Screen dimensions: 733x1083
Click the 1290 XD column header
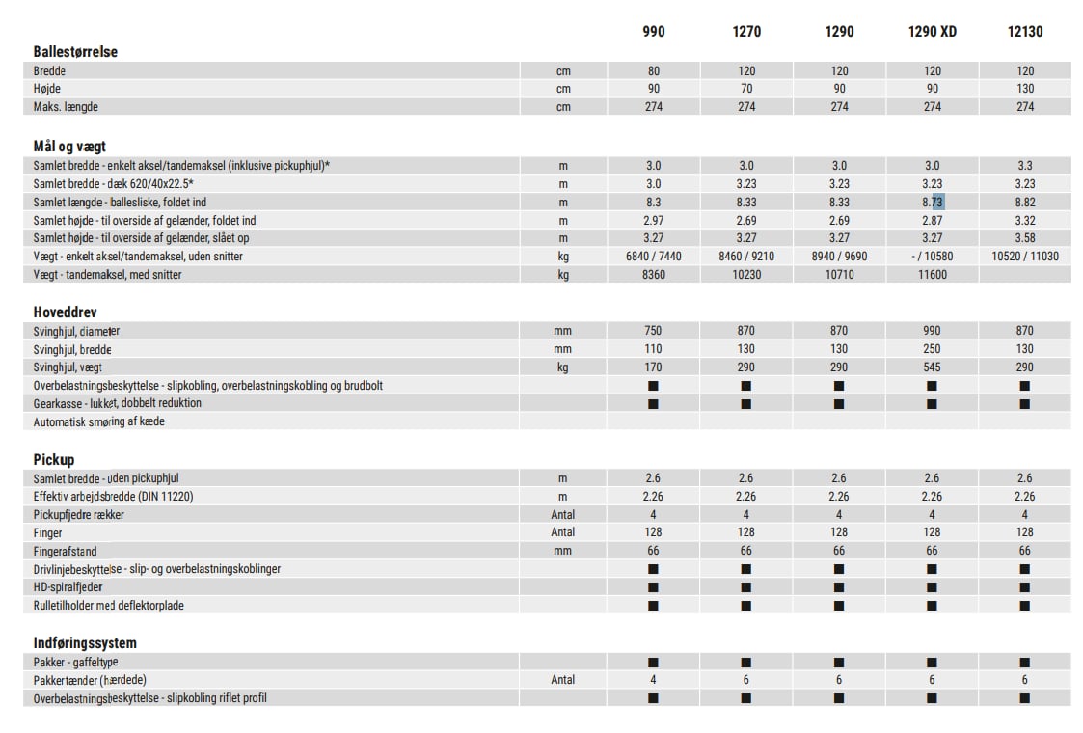coord(932,31)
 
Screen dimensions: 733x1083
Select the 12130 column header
coord(1024,31)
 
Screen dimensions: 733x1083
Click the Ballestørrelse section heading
coord(75,52)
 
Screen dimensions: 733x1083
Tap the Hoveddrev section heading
coord(65,312)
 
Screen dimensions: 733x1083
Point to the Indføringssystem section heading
coord(85,643)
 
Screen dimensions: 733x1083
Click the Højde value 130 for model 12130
coord(1025,89)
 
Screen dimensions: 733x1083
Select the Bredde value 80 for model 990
coord(653,70)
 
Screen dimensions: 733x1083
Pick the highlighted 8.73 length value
coord(932,202)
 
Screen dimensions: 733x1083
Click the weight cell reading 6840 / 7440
coord(653,257)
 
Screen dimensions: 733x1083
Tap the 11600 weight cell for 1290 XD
coord(932,275)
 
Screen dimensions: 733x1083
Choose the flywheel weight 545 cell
coord(932,367)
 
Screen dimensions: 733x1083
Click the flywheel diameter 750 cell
coord(653,331)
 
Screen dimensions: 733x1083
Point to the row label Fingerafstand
coord(65,551)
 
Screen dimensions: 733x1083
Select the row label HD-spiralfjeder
coord(68,587)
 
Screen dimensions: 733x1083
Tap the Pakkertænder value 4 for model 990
coord(653,680)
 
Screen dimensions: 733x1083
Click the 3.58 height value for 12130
coord(1025,238)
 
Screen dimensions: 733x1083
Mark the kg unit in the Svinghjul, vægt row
coord(563,367)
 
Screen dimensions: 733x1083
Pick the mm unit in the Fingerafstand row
coord(563,551)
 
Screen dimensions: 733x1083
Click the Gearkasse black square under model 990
coord(653,404)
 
